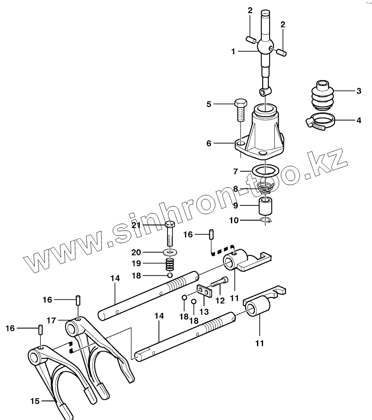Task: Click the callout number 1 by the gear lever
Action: coord(233,51)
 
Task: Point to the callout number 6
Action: coord(209,143)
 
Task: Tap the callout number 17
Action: coord(52,320)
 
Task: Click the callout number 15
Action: coord(35,401)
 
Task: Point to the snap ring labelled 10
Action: coord(267,221)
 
